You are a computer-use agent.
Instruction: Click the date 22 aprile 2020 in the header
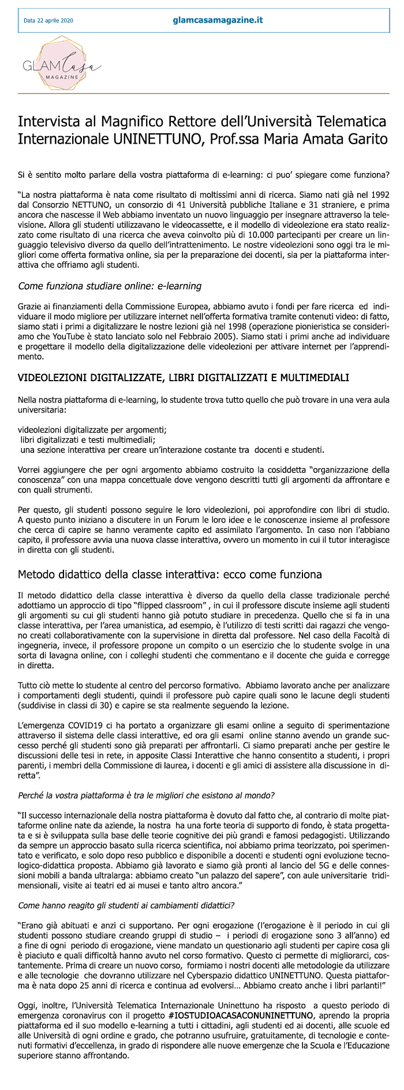click(x=48, y=21)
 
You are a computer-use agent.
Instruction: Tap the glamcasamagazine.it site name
click(x=218, y=20)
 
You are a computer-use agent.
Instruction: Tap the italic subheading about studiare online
click(x=110, y=285)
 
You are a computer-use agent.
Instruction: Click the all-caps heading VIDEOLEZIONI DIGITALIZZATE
click(x=184, y=378)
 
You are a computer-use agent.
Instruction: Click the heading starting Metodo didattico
click(x=170, y=574)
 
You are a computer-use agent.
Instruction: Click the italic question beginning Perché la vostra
click(x=147, y=795)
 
